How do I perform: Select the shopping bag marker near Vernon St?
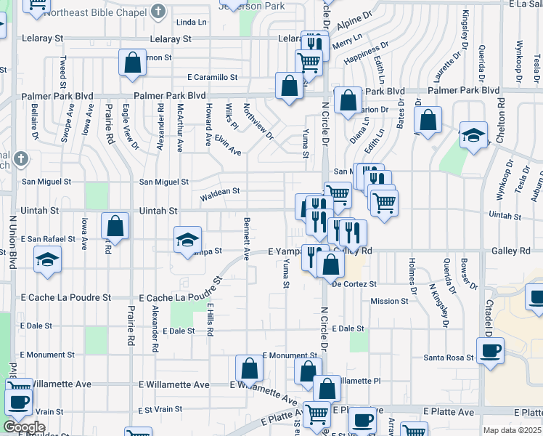click(133, 63)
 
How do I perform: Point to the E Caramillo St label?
click(212, 76)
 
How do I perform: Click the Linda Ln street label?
click(191, 23)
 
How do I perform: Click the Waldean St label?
click(220, 193)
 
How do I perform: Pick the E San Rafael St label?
click(48, 238)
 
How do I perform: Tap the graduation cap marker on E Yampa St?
click(187, 239)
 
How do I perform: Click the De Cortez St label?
click(354, 284)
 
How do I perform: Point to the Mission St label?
click(389, 301)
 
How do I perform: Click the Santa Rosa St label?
click(449, 358)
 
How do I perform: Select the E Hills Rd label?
click(209, 320)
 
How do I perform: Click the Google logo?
click(23, 427)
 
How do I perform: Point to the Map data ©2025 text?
click(511, 430)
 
